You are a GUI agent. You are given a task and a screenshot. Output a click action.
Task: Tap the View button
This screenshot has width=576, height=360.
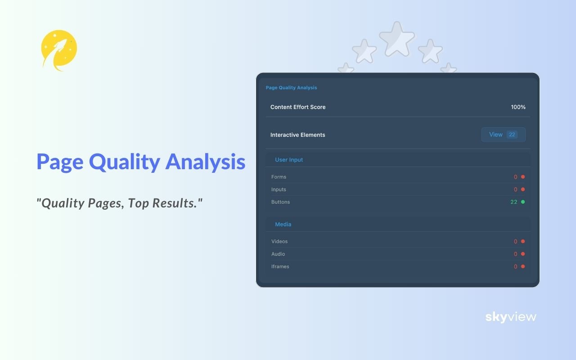click(503, 135)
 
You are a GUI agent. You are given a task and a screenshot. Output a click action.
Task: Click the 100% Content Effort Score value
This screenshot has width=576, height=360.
click(518, 107)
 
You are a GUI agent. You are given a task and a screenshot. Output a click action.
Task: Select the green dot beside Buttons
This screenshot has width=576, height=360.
click(523, 202)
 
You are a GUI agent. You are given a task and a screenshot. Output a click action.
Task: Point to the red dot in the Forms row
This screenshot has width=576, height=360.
click(523, 177)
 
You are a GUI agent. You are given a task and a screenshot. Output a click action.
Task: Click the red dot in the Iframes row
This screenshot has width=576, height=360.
click(523, 266)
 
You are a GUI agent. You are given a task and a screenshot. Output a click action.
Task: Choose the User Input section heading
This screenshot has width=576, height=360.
click(289, 160)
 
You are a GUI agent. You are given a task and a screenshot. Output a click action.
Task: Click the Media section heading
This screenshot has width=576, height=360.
click(283, 224)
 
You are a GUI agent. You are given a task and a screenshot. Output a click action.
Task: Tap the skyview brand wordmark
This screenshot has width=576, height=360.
click(511, 317)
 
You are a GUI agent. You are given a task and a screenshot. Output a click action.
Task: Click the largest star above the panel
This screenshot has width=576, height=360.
click(396, 39)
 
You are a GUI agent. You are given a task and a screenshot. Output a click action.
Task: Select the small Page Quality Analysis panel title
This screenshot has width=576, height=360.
click(291, 88)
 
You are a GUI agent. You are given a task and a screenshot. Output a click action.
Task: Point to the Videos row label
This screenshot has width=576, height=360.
click(279, 242)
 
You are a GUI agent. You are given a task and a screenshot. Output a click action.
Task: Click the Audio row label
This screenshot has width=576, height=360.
click(279, 254)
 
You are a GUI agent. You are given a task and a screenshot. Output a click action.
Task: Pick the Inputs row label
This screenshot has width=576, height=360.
click(279, 189)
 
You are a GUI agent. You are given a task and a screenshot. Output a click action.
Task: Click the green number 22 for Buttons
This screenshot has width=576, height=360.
click(513, 202)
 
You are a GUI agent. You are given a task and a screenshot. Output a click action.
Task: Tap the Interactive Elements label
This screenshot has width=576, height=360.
click(297, 135)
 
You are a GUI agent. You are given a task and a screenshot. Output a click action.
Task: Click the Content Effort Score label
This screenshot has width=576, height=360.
click(298, 107)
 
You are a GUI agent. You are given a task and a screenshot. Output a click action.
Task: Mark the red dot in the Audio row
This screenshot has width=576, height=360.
click(523, 254)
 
